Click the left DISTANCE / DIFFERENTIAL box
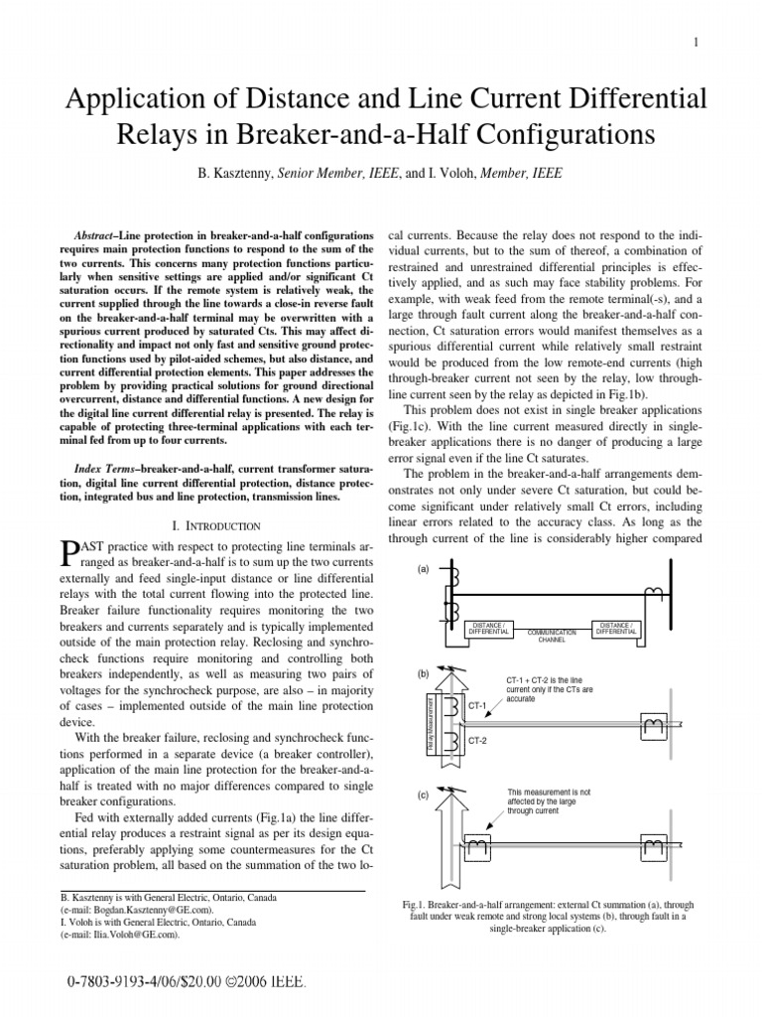point(489,628)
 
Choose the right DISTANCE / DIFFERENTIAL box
point(615,628)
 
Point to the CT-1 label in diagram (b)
point(479,705)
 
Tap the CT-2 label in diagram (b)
point(479,741)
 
